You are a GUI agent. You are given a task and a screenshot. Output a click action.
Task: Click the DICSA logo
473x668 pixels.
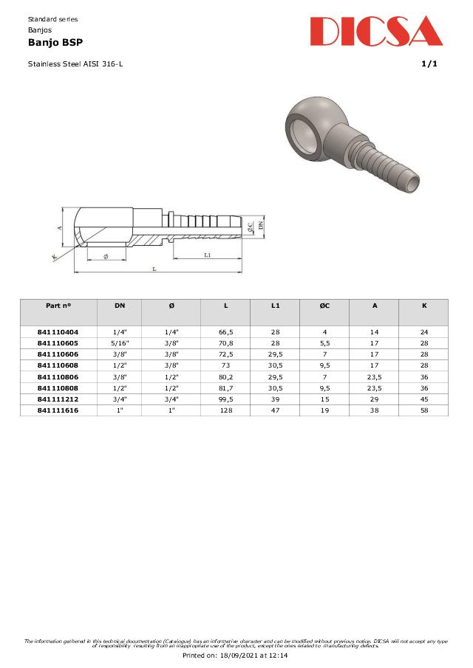pos(376,32)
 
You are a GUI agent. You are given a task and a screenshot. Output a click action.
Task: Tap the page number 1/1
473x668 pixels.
pos(429,64)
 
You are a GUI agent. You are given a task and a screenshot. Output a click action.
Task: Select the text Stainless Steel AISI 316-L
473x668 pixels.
pos(75,64)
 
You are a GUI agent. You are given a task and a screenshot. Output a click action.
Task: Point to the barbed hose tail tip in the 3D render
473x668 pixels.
pos(410,178)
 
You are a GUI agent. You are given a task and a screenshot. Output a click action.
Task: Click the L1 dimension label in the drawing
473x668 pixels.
pos(208,255)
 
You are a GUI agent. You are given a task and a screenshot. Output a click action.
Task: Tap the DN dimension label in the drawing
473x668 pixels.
pos(261,224)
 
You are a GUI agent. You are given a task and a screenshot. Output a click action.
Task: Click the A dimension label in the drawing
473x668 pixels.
pos(59,228)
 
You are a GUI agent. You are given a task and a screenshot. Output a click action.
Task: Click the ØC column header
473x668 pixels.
pos(324,305)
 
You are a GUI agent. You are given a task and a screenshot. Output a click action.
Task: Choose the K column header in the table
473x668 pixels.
pos(423,305)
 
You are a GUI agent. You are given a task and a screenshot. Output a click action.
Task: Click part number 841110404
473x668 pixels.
pos(58,332)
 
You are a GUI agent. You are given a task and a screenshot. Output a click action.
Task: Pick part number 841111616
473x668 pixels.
pos(58,410)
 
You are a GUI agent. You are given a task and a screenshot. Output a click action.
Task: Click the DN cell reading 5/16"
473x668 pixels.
pos(120,343)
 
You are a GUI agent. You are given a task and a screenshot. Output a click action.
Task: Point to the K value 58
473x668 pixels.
pos(423,410)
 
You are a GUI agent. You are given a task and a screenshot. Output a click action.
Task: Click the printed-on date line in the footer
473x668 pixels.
pos(235,655)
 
